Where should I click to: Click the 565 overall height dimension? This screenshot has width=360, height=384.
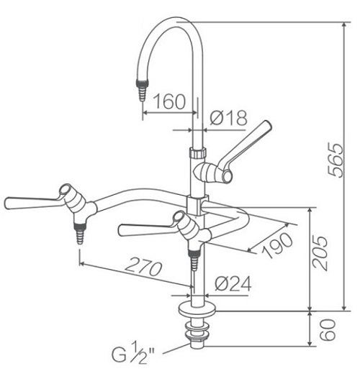pos(332,159)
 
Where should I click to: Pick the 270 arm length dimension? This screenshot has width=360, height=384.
pos(141,269)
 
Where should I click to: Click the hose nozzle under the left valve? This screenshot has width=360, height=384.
pos(77,233)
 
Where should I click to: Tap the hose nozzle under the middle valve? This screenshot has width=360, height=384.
pos(194,258)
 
